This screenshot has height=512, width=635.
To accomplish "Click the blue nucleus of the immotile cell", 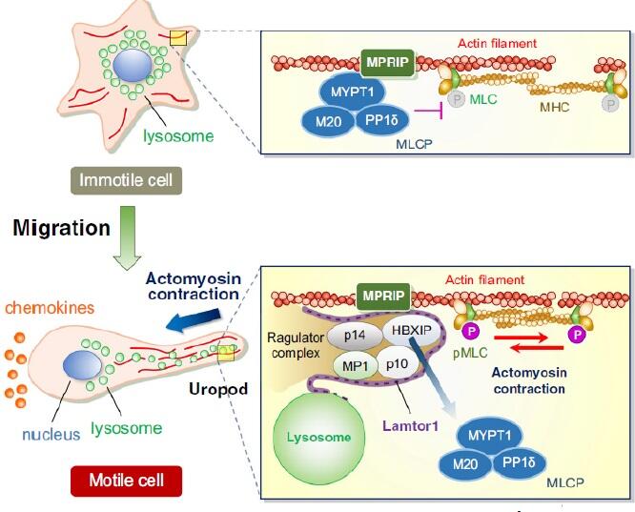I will point(131,68).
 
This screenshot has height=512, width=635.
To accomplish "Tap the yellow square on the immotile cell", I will point(177,38).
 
